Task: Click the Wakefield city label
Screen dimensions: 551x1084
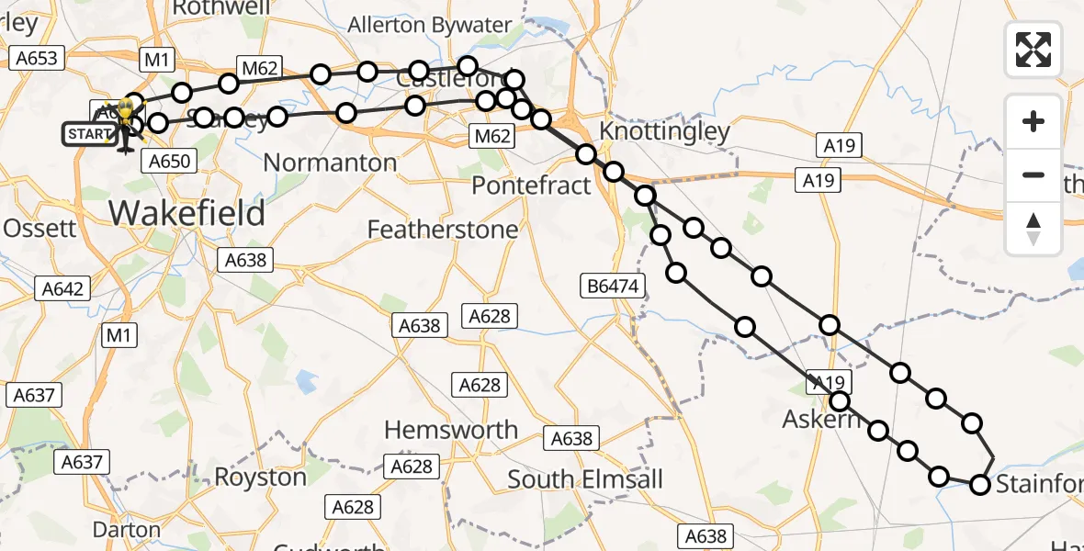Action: (x=187, y=212)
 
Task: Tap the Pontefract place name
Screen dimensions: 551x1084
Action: (x=531, y=186)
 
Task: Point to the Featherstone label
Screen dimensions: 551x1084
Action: (x=443, y=229)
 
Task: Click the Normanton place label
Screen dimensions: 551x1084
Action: (x=330, y=163)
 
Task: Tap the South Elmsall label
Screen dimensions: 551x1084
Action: (x=584, y=479)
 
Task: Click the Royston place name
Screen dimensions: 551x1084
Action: (x=260, y=477)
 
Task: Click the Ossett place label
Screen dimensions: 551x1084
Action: (x=40, y=228)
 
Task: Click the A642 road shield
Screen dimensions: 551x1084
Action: (x=62, y=288)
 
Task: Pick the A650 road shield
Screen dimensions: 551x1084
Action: (x=169, y=162)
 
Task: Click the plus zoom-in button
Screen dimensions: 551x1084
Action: (x=1033, y=121)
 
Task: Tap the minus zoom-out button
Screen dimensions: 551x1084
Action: (x=1033, y=174)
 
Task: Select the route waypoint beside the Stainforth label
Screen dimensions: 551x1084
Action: (x=980, y=485)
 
